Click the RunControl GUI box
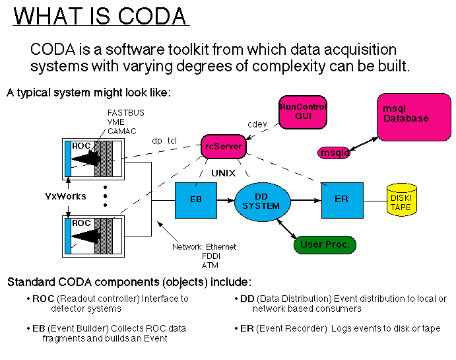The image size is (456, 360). point(303,112)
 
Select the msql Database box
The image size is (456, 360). point(414,116)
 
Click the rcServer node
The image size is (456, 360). point(222,146)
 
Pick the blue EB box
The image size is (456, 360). point(196,199)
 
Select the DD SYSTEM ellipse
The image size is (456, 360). point(261,201)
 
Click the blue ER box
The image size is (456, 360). point(342,199)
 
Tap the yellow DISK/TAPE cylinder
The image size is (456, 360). point(401,199)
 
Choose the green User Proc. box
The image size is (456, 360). point(324,244)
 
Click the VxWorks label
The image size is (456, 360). point(67,196)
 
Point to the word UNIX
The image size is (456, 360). point(224,173)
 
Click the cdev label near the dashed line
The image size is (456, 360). point(257,123)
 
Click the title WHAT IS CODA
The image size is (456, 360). point(101,15)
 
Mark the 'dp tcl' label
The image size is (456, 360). point(164,141)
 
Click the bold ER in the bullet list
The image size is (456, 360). point(247,328)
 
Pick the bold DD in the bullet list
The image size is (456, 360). point(247,299)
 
